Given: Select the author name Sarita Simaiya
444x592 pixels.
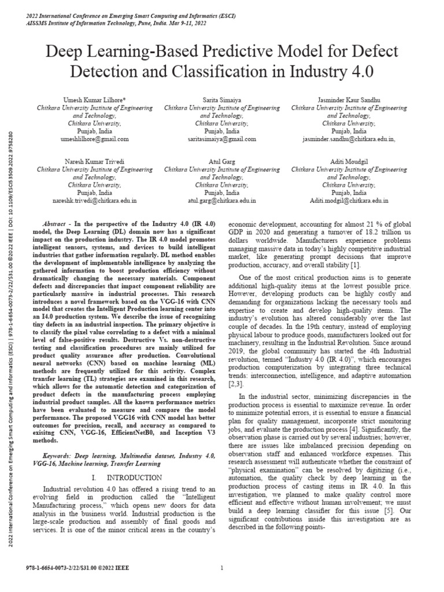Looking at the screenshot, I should point(221,100).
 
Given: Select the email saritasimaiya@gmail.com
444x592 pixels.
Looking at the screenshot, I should point(221,139).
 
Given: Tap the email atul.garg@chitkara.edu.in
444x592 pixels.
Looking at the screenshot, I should point(221,201).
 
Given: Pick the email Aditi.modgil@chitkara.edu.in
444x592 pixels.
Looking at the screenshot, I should point(349,201).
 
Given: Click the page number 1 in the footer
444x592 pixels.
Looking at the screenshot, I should point(222,568).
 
